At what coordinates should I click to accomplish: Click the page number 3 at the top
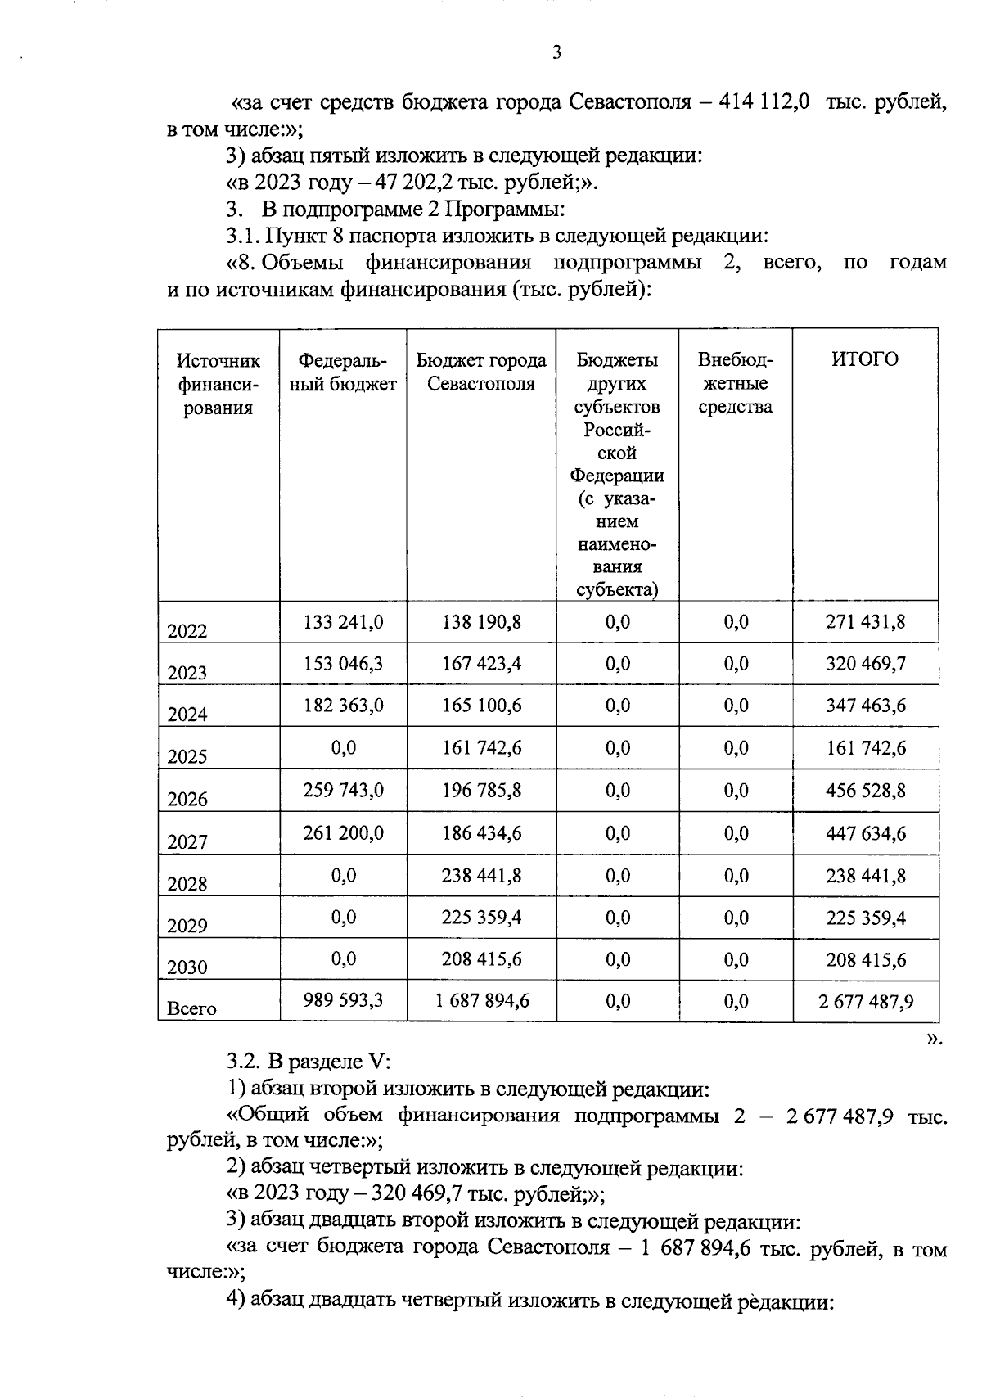point(556,54)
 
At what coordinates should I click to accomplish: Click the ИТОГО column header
point(864,359)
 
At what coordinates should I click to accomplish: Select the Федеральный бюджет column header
point(343,372)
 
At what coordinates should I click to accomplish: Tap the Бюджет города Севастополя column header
point(481,372)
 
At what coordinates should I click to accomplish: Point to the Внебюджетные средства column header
point(735,383)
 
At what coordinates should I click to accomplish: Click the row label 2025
point(187,756)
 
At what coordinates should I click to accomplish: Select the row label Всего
point(191,1008)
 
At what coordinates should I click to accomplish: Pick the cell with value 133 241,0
point(343,622)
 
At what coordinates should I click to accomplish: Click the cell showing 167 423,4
point(481,663)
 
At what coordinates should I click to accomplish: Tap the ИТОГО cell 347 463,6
point(865,706)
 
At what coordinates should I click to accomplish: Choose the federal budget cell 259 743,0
point(343,791)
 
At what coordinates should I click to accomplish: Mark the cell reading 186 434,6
point(481,833)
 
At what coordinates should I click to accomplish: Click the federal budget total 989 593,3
point(343,999)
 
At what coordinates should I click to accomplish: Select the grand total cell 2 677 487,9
point(865,1001)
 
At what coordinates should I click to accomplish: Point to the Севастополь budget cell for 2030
point(481,959)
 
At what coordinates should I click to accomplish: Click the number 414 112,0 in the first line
point(764,103)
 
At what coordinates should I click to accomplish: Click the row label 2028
point(187,884)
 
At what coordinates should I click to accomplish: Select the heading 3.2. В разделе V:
point(309,1062)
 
